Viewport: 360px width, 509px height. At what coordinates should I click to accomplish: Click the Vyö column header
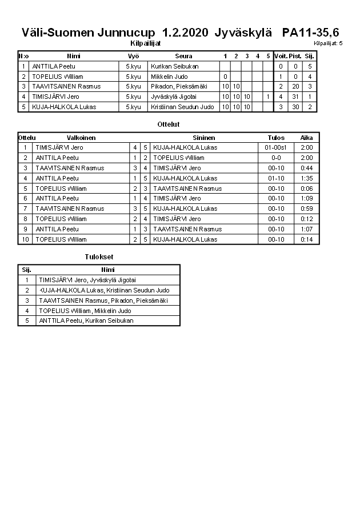click(133, 56)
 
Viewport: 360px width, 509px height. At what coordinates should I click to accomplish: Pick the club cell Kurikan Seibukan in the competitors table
click(175, 66)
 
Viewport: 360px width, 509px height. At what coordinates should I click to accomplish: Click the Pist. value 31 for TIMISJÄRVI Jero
click(295, 97)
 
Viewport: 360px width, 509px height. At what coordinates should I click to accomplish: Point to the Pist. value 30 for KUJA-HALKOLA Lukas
click(295, 107)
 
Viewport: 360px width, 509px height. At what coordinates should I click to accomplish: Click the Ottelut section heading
click(168, 124)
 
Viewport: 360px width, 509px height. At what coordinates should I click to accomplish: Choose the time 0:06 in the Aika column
click(306, 189)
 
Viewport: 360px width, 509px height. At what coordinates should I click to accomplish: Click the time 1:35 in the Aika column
click(306, 178)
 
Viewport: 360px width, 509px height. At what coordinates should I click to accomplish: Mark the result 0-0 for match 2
click(275, 158)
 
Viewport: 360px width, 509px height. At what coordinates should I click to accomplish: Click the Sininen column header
click(204, 138)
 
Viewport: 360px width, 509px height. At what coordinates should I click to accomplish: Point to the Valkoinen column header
click(81, 138)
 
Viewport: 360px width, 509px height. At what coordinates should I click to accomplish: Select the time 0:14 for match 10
click(306, 239)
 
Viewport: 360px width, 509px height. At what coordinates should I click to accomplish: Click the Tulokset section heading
click(99, 257)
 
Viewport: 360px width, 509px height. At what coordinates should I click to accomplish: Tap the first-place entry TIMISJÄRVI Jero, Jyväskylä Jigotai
click(87, 280)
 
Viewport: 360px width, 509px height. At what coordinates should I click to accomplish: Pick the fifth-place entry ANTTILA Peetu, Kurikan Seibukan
click(86, 320)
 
